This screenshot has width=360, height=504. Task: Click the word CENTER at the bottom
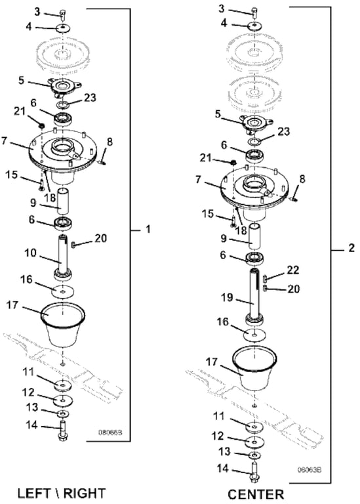(x=256, y=494)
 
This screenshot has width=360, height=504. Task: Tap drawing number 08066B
(x=110, y=432)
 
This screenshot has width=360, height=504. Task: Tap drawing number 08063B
(x=309, y=470)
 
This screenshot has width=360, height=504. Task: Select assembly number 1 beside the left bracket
(x=148, y=229)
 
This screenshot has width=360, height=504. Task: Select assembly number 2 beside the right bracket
(x=351, y=248)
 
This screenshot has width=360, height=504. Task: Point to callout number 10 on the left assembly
(x=31, y=253)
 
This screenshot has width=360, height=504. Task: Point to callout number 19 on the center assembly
(x=227, y=297)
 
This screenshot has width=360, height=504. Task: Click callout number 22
(x=293, y=270)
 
